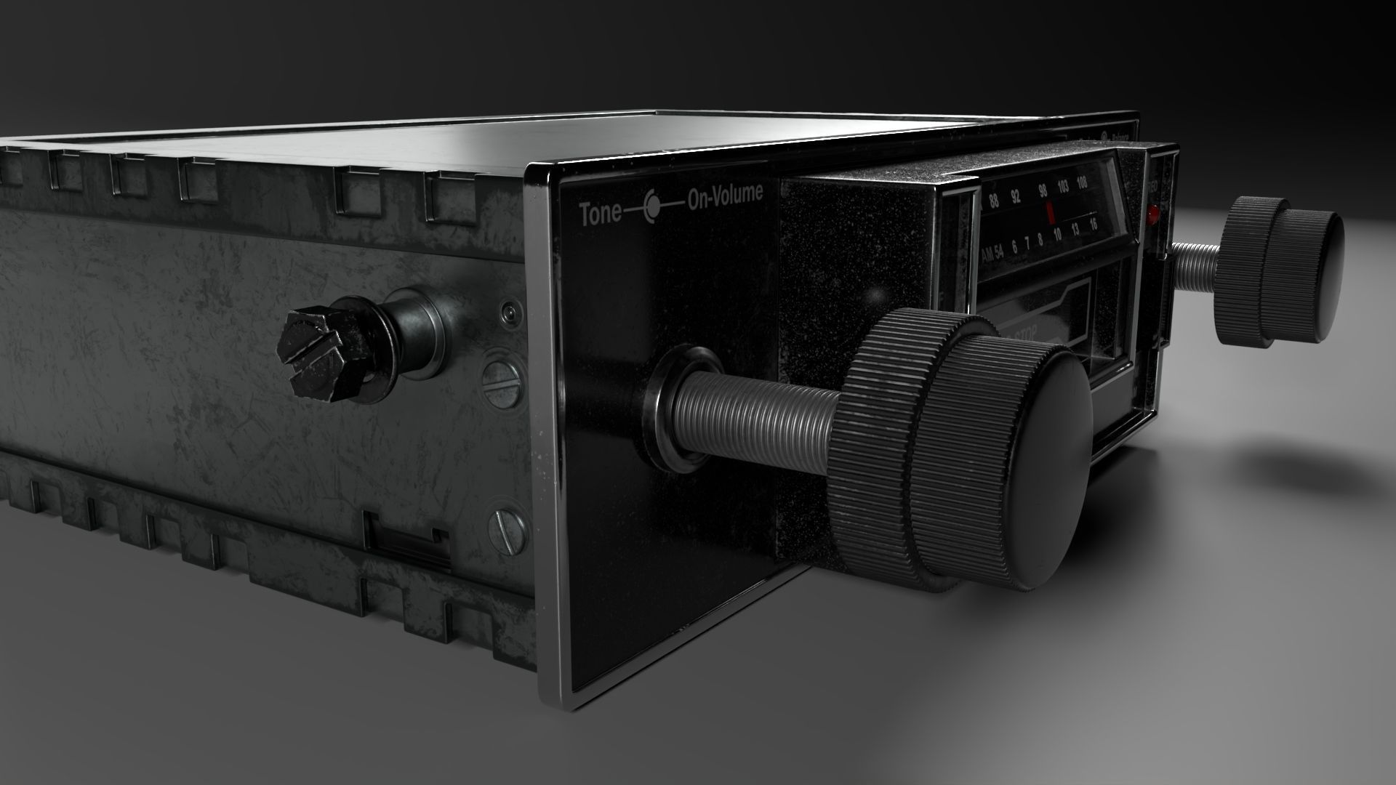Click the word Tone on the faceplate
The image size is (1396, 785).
(600, 213)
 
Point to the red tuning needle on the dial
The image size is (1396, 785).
(1050, 213)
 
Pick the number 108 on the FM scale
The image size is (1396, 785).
(1082, 182)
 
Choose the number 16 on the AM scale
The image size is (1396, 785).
(1093, 225)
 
